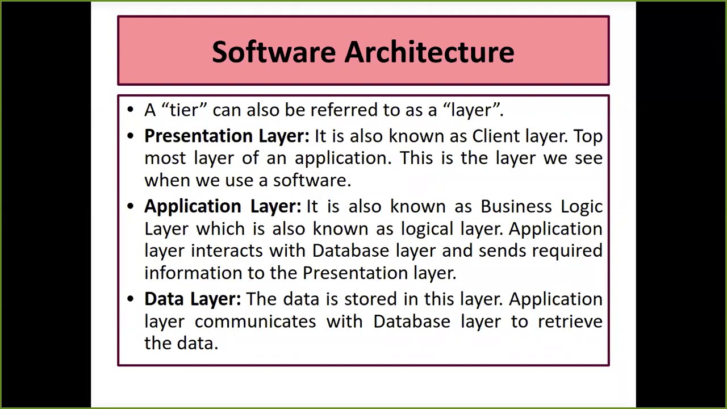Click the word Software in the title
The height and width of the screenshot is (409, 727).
274,52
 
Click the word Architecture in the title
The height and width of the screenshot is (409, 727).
429,52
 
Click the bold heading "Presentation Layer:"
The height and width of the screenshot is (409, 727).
227,136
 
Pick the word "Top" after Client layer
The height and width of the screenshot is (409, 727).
588,136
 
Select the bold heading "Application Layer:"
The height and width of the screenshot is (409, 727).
222,207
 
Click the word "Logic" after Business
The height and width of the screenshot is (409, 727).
582,207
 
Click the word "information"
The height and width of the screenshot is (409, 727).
193,273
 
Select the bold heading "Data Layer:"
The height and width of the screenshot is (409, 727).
192,299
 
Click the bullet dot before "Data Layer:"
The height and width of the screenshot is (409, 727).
131,299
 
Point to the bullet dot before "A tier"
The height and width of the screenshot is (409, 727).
131,109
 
